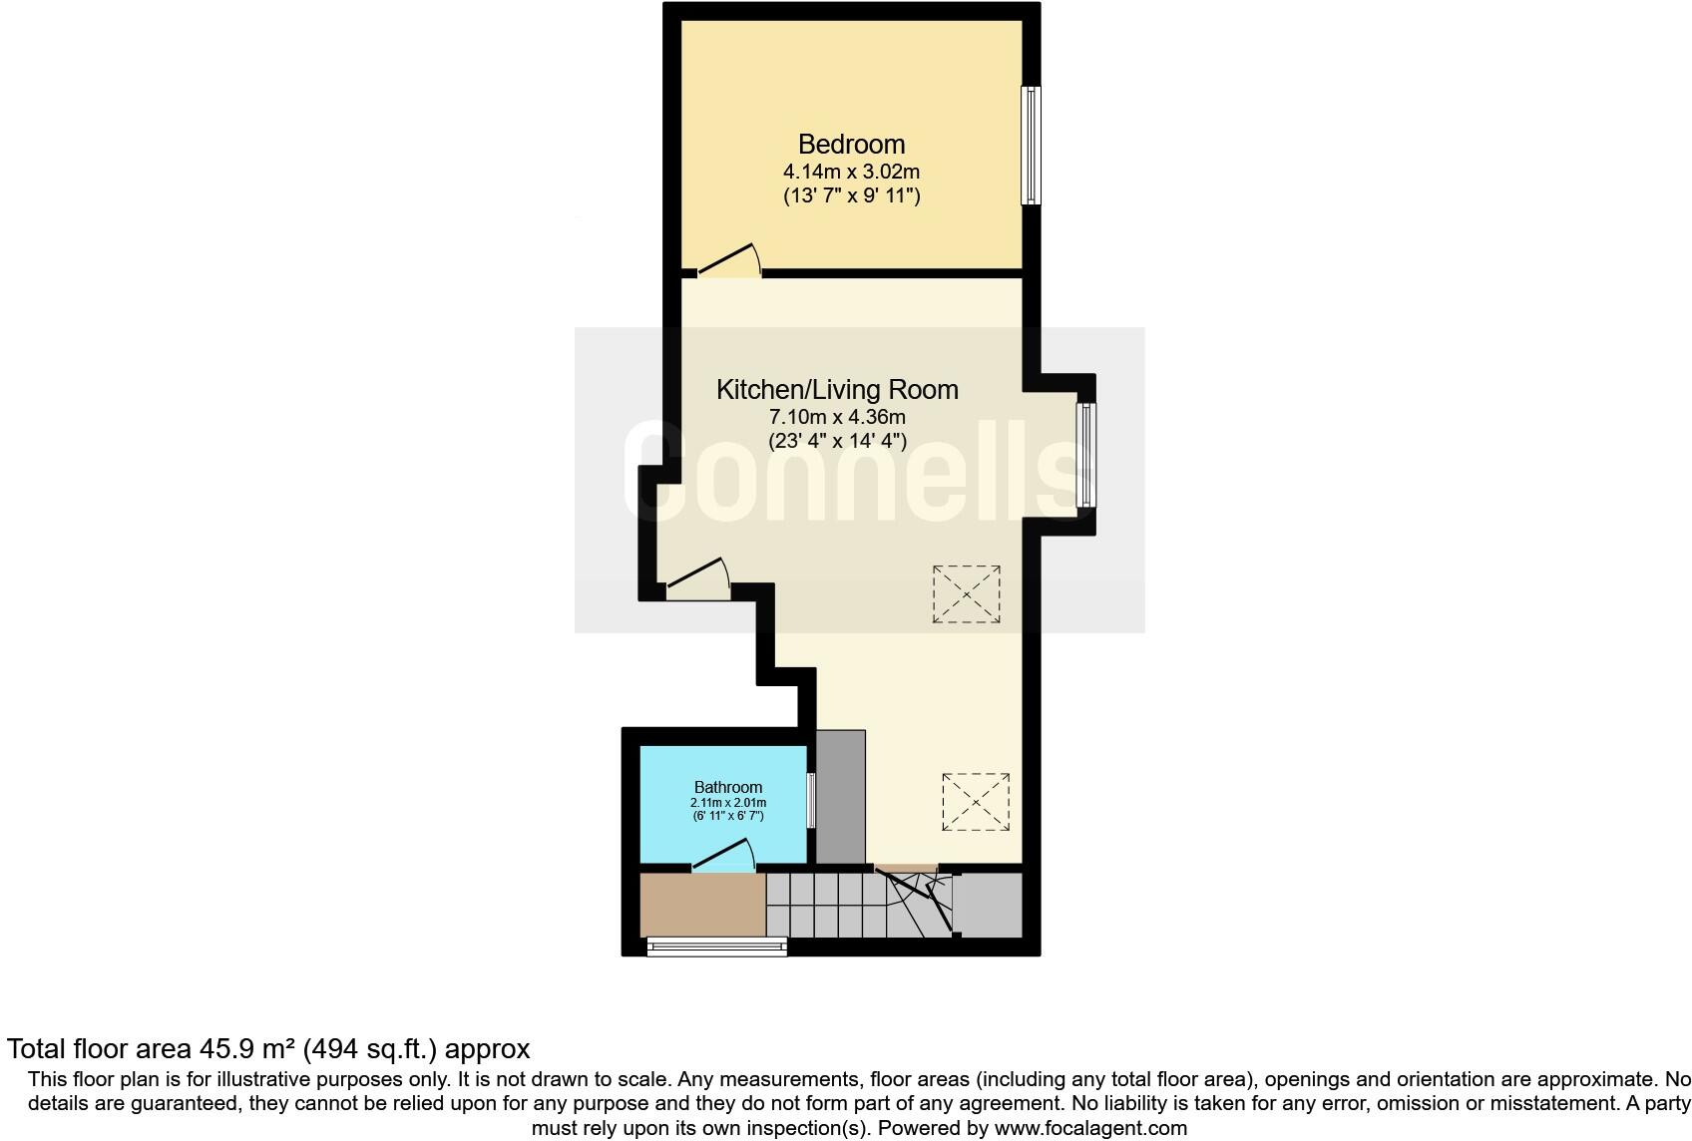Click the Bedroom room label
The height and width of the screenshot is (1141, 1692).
pyautogui.click(x=851, y=145)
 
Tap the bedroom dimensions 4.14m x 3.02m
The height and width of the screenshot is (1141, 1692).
pyautogui.click(x=851, y=172)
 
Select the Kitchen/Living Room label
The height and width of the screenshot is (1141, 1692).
pyautogui.click(x=837, y=390)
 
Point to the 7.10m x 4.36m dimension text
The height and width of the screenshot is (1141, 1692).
pyautogui.click(x=837, y=417)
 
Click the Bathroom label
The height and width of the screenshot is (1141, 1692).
pyautogui.click(x=728, y=788)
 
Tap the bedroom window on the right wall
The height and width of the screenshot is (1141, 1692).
pyautogui.click(x=1031, y=146)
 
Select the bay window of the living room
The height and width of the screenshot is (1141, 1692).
pyautogui.click(x=1087, y=455)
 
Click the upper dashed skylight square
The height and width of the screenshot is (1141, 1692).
pyautogui.click(x=967, y=594)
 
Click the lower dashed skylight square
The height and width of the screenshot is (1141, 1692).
pyautogui.click(x=976, y=802)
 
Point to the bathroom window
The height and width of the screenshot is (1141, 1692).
pyautogui.click(x=811, y=800)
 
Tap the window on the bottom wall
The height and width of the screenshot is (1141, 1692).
pyautogui.click(x=716, y=947)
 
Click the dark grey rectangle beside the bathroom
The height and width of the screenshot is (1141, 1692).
pyautogui.click(x=841, y=796)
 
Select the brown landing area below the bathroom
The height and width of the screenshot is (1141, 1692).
pyautogui.click(x=701, y=906)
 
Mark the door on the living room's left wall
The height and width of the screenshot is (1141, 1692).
pyautogui.click(x=698, y=581)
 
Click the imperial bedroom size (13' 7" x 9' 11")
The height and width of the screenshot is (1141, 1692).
pyautogui.click(x=851, y=195)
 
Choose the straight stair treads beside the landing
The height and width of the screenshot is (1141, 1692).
pyautogui.click(x=826, y=906)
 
